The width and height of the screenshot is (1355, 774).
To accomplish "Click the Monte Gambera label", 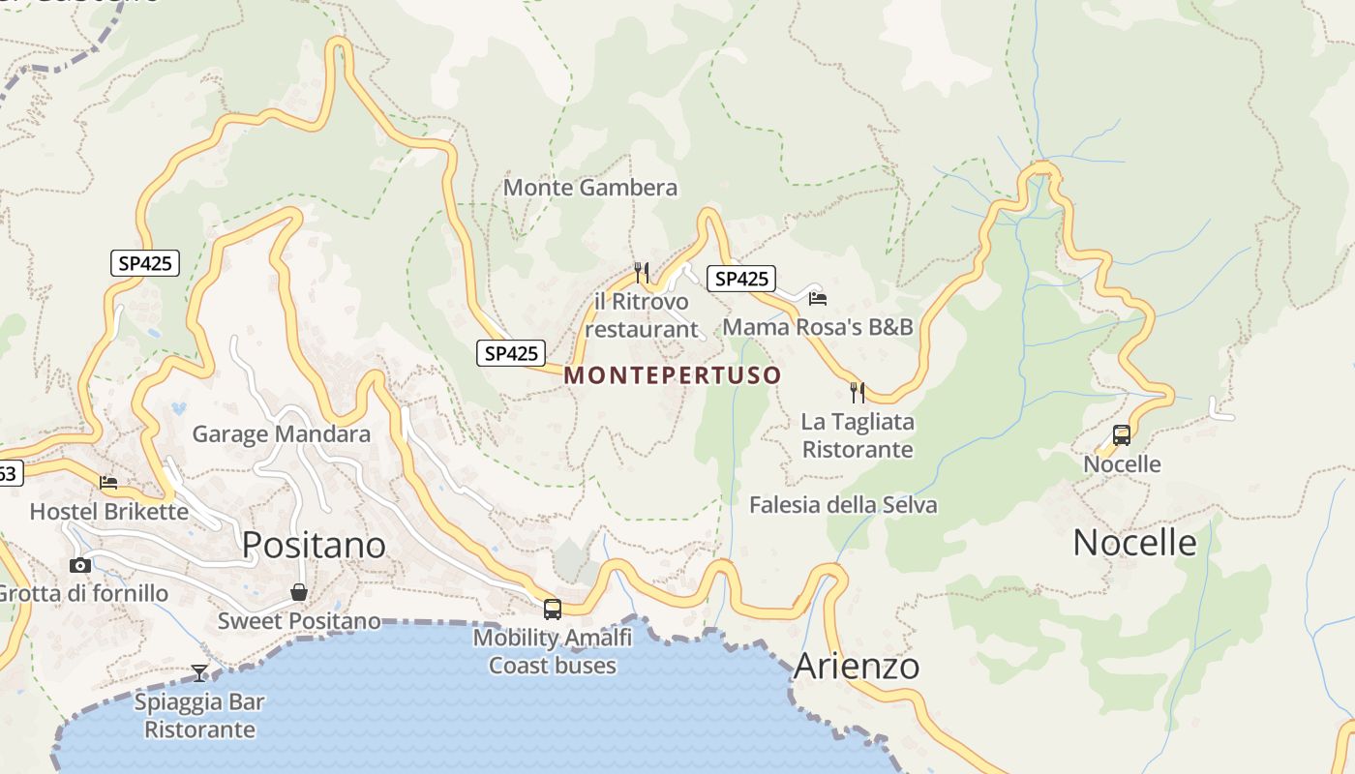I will click(x=590, y=188).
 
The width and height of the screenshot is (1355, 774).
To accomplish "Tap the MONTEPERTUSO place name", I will click(x=673, y=375).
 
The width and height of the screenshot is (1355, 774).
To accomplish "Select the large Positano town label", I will click(x=314, y=545).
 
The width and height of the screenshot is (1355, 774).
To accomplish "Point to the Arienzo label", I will click(x=857, y=667).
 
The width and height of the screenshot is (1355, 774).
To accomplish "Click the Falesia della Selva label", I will click(x=843, y=505).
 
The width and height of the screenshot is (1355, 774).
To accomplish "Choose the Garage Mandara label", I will click(x=281, y=433).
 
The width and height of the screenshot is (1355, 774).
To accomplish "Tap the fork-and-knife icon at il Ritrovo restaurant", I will click(x=641, y=272).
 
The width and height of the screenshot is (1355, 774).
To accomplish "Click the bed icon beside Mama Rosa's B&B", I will click(x=818, y=299).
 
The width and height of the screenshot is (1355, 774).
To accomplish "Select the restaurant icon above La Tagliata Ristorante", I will click(x=858, y=392).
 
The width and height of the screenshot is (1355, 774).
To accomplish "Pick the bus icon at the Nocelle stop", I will click(x=1122, y=435).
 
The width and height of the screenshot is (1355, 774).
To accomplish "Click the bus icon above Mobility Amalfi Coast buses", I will click(x=553, y=610).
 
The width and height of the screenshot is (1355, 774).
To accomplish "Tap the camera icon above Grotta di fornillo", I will click(x=80, y=565).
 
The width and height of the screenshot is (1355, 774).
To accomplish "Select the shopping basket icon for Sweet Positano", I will click(x=299, y=592).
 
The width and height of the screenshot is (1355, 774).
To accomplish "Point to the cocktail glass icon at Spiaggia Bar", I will click(x=199, y=672).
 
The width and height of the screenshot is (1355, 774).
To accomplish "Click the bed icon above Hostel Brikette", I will click(x=108, y=482).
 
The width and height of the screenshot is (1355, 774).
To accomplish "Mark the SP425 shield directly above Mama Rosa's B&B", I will click(x=741, y=280).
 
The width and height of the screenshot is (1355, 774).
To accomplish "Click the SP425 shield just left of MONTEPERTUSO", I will click(x=511, y=353).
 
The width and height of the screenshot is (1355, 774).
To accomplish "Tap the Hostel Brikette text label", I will click(x=109, y=511).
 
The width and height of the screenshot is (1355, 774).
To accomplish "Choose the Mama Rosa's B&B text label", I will click(x=818, y=327).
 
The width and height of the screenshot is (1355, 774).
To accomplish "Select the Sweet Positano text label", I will click(x=299, y=621).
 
